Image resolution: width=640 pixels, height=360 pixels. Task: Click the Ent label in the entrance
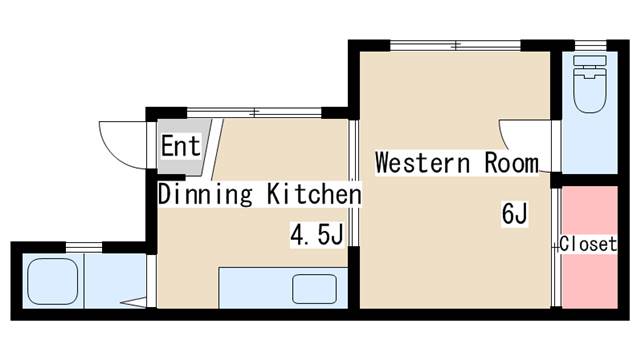(181, 146)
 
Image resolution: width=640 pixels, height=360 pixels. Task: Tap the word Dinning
(205, 195)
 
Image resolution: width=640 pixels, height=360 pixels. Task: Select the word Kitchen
(314, 194)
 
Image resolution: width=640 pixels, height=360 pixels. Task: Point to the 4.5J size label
(317, 235)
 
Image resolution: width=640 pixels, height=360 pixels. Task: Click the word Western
(422, 163)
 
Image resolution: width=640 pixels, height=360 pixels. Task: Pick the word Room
(512, 163)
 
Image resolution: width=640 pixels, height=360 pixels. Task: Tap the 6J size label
(514, 213)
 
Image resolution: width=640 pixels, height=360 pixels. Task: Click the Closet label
(588, 244)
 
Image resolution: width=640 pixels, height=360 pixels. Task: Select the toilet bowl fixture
(589, 90)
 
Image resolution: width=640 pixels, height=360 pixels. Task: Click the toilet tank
(590, 60)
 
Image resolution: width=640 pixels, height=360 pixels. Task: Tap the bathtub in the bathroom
(53, 281)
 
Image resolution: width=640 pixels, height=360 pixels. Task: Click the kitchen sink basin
(314, 289)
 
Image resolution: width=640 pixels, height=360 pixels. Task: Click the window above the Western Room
(455, 45)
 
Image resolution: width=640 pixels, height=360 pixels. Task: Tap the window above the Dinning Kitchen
(254, 112)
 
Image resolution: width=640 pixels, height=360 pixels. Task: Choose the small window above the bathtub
(84, 247)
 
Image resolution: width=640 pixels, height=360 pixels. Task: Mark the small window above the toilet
(591, 45)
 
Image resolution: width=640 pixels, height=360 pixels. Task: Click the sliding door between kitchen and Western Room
(353, 183)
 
